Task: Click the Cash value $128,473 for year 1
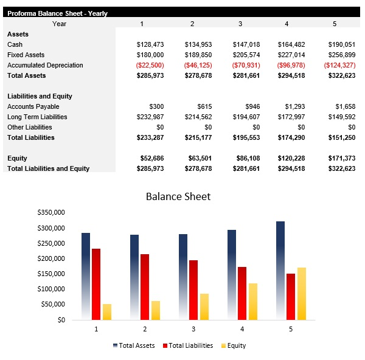(x=150, y=44)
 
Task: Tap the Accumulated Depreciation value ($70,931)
(x=246, y=65)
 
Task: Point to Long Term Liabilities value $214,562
(x=198, y=117)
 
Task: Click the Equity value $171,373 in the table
(x=339, y=158)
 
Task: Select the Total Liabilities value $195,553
(x=246, y=137)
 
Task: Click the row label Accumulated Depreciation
(x=45, y=65)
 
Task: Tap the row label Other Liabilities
(x=30, y=127)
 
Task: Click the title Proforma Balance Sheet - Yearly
(x=57, y=13)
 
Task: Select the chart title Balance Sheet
(x=178, y=196)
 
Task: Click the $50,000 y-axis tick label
(x=53, y=305)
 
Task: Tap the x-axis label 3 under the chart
(x=193, y=329)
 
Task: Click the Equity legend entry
(x=236, y=345)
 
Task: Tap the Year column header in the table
(x=59, y=24)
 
